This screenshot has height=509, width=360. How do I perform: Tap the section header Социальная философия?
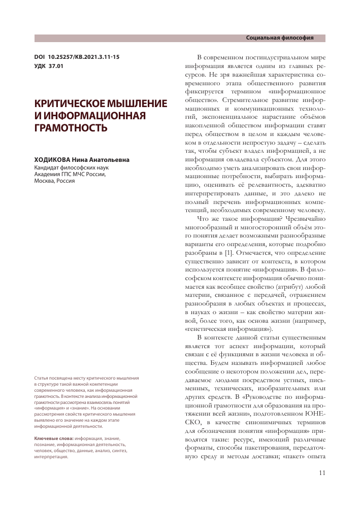click(279, 38)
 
